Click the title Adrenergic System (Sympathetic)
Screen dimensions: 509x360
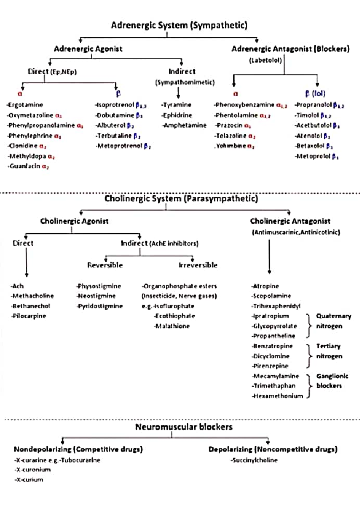(179, 25)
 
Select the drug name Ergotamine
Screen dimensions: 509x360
(25, 105)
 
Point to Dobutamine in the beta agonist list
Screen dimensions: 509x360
(115, 115)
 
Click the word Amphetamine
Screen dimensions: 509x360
(185, 126)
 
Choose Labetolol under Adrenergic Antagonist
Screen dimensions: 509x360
(265, 61)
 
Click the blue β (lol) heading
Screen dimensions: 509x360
(315, 94)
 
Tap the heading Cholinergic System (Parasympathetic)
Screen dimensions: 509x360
(181, 198)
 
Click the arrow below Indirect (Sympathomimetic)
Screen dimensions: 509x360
(178, 93)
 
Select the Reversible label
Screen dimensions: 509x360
(105, 265)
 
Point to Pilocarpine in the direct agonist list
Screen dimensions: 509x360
(29, 316)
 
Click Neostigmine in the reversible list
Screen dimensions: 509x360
(97, 296)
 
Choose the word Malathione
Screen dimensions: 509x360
(172, 326)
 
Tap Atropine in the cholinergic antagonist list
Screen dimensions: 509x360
(266, 286)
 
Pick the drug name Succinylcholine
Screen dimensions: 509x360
(254, 460)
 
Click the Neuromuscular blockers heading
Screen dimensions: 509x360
(184, 427)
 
